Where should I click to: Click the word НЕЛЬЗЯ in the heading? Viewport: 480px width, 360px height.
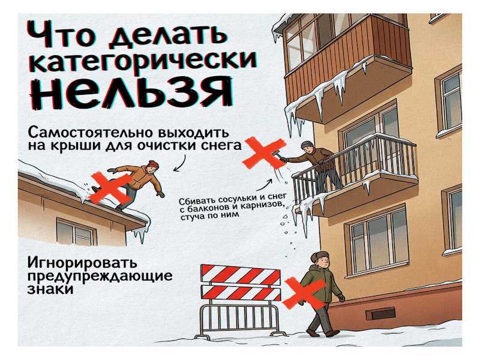pyautogui.click(x=131, y=92)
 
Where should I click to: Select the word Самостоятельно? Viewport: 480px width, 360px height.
pyautogui.click(x=91, y=133)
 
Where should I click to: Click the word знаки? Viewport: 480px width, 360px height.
pyautogui.click(x=50, y=289)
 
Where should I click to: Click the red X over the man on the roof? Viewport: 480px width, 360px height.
pyautogui.click(x=111, y=188)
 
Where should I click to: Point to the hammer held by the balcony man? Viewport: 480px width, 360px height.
pyautogui.click(x=278, y=155)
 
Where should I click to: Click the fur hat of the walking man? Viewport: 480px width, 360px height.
pyautogui.click(x=319, y=257)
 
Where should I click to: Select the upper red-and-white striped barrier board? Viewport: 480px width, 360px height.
pyautogui.click(x=241, y=274)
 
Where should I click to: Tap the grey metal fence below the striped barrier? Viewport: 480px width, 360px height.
pyautogui.click(x=239, y=320)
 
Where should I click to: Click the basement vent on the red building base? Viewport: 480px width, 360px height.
pyautogui.click(x=380, y=314)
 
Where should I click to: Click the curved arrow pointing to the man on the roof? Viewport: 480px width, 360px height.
pyautogui.click(x=181, y=163)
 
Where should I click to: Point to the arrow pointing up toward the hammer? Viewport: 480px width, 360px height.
pyautogui.click(x=264, y=185)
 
